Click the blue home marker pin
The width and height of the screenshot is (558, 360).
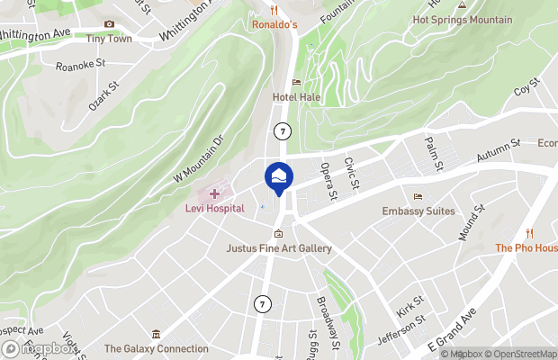(279, 176)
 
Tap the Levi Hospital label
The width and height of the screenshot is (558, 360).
(215, 209)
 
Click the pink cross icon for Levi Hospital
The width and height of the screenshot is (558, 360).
(214, 193)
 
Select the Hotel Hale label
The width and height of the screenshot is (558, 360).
(296, 97)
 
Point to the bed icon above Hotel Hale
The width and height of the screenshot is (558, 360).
(296, 83)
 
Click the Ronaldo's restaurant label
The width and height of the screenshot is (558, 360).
(274, 24)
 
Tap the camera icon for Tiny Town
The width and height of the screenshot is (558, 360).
(109, 24)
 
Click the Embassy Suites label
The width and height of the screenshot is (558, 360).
(418, 211)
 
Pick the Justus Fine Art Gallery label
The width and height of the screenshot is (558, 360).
(279, 248)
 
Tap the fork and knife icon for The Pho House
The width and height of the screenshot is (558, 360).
(529, 233)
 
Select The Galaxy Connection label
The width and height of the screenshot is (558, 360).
(157, 348)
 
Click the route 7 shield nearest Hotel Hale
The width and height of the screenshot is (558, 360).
(283, 130)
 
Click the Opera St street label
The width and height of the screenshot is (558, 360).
(328, 180)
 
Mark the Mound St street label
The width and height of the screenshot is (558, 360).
(472, 220)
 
